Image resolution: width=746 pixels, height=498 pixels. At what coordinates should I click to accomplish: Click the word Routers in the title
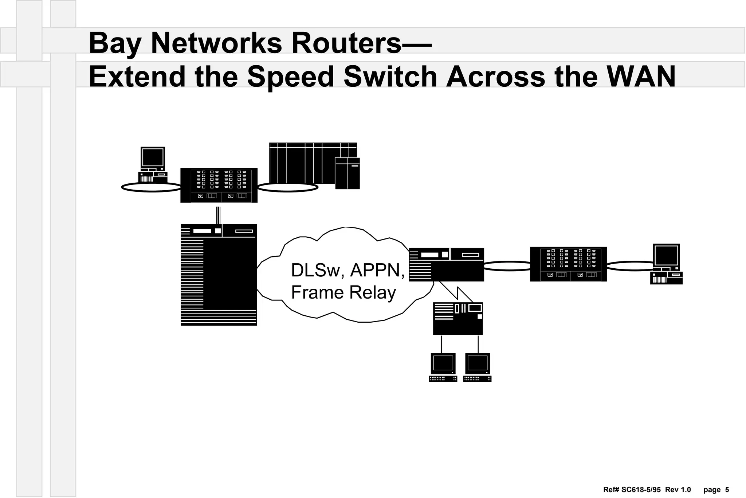click(x=346, y=43)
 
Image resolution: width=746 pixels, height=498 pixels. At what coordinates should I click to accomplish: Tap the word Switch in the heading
click(x=390, y=77)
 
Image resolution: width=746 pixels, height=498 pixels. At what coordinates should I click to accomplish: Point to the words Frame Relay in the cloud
click(x=343, y=293)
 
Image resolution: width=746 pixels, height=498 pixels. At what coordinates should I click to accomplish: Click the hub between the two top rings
click(x=219, y=185)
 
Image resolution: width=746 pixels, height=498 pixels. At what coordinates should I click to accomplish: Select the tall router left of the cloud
click(x=219, y=275)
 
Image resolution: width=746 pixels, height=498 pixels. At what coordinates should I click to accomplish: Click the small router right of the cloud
click(x=446, y=265)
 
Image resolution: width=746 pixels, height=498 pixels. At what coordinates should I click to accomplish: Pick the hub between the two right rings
click(x=568, y=264)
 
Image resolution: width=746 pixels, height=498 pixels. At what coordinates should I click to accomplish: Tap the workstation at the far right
click(x=666, y=264)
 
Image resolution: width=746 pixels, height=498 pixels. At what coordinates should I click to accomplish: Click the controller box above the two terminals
click(x=458, y=318)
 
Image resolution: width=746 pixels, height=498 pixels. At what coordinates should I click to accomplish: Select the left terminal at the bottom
click(x=443, y=367)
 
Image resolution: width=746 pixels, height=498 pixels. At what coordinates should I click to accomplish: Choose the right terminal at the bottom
click(x=478, y=367)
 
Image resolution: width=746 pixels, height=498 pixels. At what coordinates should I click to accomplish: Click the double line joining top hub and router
click(x=218, y=215)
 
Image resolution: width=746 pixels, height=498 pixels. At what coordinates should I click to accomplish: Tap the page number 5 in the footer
click(x=727, y=490)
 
